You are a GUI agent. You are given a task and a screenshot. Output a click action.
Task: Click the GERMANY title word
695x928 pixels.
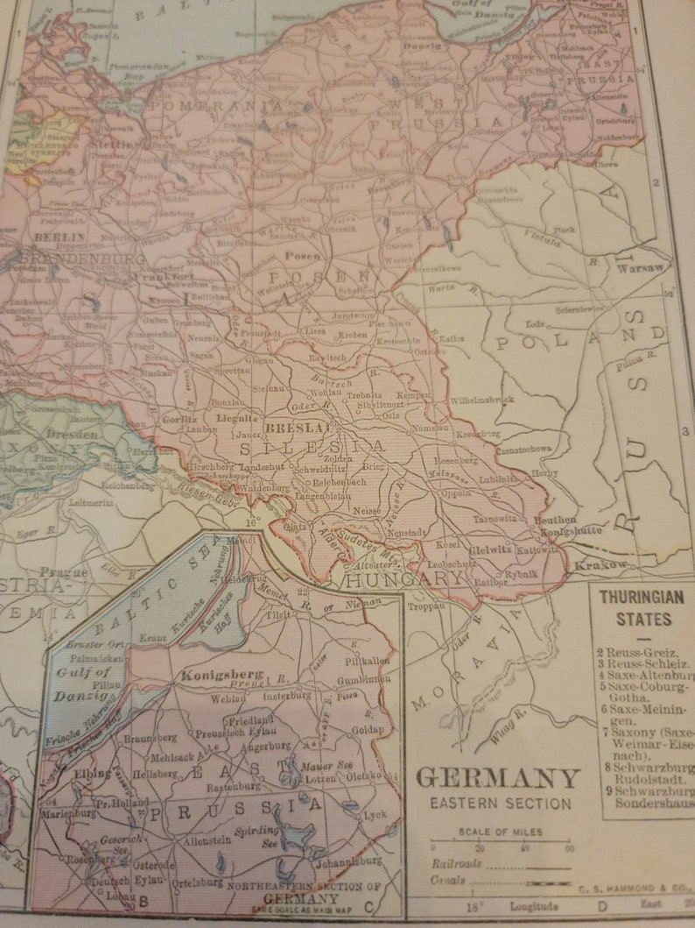497,778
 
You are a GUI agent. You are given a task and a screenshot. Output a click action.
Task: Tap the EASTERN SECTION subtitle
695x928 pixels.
500,803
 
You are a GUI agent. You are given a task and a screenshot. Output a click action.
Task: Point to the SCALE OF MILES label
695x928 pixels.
499,832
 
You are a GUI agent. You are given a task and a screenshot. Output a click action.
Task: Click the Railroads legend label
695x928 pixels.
453,863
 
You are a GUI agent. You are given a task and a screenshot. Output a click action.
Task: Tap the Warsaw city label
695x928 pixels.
643,268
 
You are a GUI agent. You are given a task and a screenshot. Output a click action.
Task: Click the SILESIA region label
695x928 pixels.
312,447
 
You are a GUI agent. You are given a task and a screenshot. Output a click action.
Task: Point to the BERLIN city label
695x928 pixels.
59,237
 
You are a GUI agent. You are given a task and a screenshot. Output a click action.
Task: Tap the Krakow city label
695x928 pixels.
600,565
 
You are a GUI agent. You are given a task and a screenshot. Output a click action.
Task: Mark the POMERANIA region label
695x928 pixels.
214,107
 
